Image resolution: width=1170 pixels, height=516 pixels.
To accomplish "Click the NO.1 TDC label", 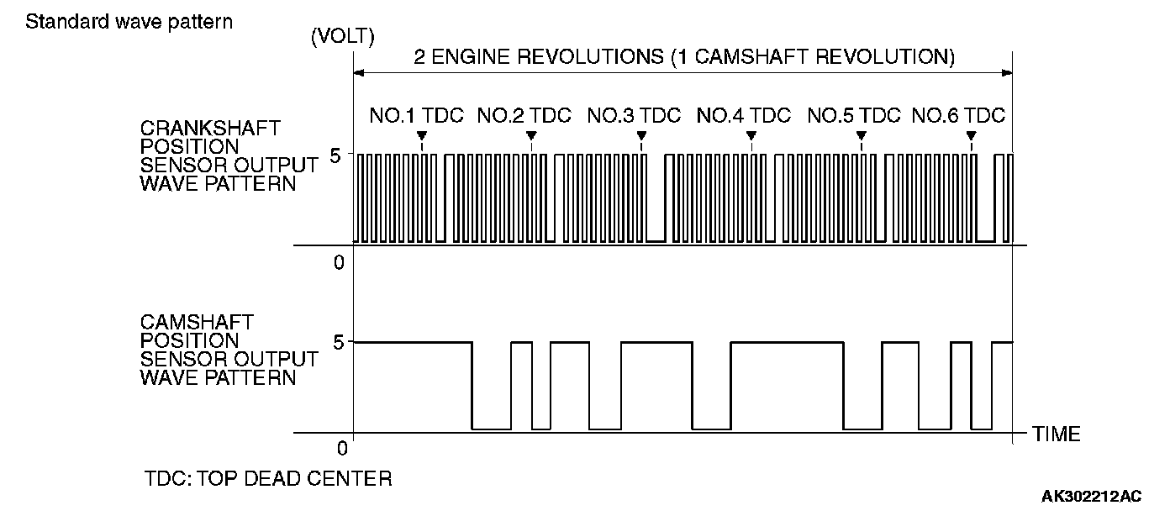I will [x=416, y=116].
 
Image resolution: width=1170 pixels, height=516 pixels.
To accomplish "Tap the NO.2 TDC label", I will [x=524, y=116].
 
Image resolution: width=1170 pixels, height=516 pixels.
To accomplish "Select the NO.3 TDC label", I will [x=634, y=116].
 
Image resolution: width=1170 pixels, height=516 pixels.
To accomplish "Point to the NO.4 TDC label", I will [x=744, y=116].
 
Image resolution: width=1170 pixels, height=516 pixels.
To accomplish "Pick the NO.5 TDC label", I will [x=854, y=116].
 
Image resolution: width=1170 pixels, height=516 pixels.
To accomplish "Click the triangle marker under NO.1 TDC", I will [x=422, y=135].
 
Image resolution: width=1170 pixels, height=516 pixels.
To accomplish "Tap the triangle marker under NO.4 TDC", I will [x=751, y=135].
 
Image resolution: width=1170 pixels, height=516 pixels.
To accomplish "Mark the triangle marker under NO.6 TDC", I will [x=971, y=135].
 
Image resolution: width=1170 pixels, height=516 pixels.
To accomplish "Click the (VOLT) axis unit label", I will [x=342, y=38].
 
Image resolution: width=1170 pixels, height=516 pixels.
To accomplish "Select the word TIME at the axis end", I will [x=1057, y=434].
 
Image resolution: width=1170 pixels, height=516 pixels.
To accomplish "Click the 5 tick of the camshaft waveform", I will [x=340, y=342].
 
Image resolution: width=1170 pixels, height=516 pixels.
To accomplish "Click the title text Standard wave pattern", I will [x=129, y=21].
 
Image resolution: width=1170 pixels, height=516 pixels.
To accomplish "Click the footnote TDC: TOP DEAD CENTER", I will [x=268, y=479].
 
